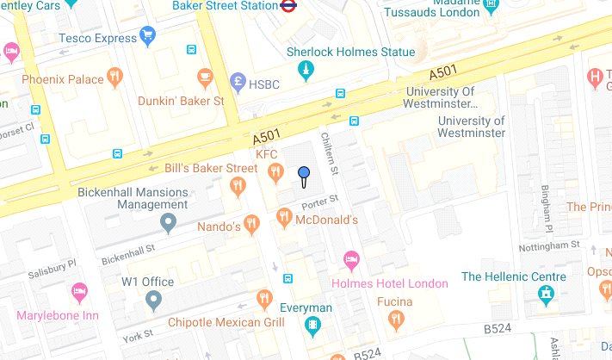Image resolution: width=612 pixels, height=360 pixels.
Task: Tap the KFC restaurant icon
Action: click(275, 173)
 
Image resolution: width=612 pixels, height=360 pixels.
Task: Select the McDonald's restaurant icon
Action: click(284, 220)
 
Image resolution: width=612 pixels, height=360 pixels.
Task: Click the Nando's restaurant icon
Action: click(251, 225)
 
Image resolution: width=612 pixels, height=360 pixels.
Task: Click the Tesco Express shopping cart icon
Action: click(147, 36)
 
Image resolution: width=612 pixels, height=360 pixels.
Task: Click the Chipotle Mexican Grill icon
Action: click(264, 299)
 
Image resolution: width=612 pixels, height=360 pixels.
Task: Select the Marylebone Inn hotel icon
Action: click(80, 292)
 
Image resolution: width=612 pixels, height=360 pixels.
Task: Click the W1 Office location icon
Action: click(153, 301)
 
